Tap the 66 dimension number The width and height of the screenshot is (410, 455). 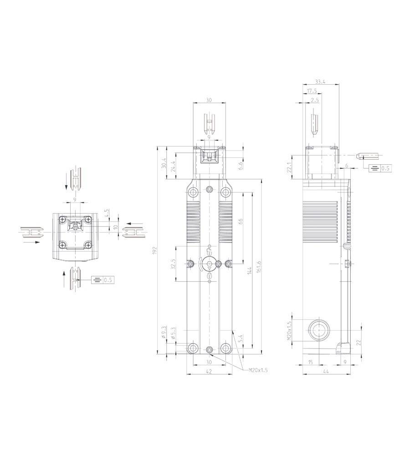click(240, 222)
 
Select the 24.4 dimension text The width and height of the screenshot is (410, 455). click(173, 167)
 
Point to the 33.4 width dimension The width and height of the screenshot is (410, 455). click(320, 82)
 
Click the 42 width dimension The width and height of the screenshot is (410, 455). click(209, 372)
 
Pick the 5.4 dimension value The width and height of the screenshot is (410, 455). click(240, 338)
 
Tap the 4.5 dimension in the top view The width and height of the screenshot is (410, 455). click(107, 212)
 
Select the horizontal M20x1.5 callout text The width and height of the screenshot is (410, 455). click(258, 370)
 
